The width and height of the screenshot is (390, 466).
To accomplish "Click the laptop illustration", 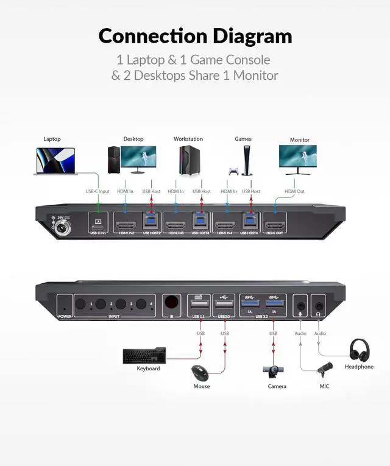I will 55,161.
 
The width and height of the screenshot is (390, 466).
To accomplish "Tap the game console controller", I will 233,172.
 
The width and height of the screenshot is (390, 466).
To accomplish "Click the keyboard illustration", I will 144,355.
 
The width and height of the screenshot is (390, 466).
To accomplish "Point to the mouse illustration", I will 199,372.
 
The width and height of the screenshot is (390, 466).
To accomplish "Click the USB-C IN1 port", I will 99,222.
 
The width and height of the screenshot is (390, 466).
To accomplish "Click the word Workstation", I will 188,139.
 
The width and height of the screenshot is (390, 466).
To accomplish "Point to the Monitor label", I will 299,139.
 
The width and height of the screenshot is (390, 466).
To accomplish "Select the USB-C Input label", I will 97,191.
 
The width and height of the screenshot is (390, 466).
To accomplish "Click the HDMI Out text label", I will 295,191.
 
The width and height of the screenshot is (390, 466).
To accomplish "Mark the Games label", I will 243,139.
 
